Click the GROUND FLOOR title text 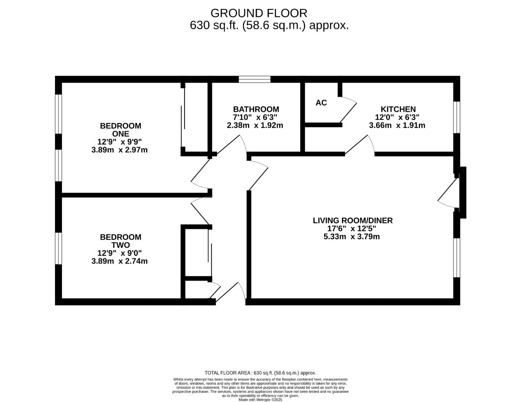pos(259,13)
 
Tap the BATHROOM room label pos(256,109)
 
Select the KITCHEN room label pos(398,109)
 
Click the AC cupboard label pos(321,103)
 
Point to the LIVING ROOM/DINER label pos(352,220)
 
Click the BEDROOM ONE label pos(120,130)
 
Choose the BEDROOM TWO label pos(120,241)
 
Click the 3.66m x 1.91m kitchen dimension pos(397,125)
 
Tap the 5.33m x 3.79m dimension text pos(352,236)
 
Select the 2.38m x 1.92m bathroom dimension pos(255,125)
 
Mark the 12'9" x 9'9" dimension pos(119,142)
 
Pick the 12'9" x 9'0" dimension pos(119,253)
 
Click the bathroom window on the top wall pos(255,79)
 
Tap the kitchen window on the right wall pos(457,117)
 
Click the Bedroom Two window pos(58,248)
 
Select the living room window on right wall pos(457,258)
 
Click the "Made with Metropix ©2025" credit pos(260,400)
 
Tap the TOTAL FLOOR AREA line pos(260,373)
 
